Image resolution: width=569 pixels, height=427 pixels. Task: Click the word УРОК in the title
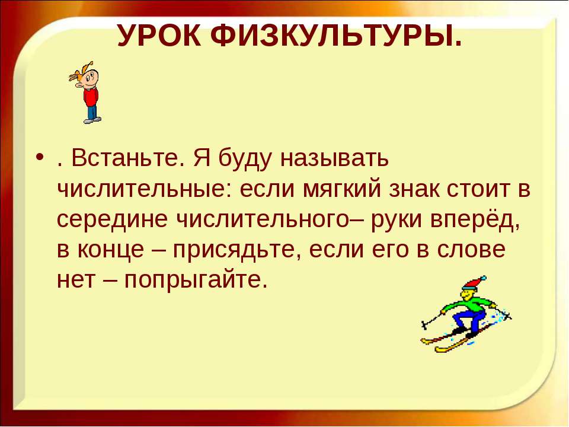coord(159,36)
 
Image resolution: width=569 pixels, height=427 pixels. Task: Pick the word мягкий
coord(342,189)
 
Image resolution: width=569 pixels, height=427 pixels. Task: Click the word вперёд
coord(475,219)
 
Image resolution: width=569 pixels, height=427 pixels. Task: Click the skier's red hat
coord(474,282)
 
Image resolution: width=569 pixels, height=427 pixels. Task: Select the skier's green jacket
coord(468,303)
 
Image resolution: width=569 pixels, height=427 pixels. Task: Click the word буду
coord(245,159)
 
